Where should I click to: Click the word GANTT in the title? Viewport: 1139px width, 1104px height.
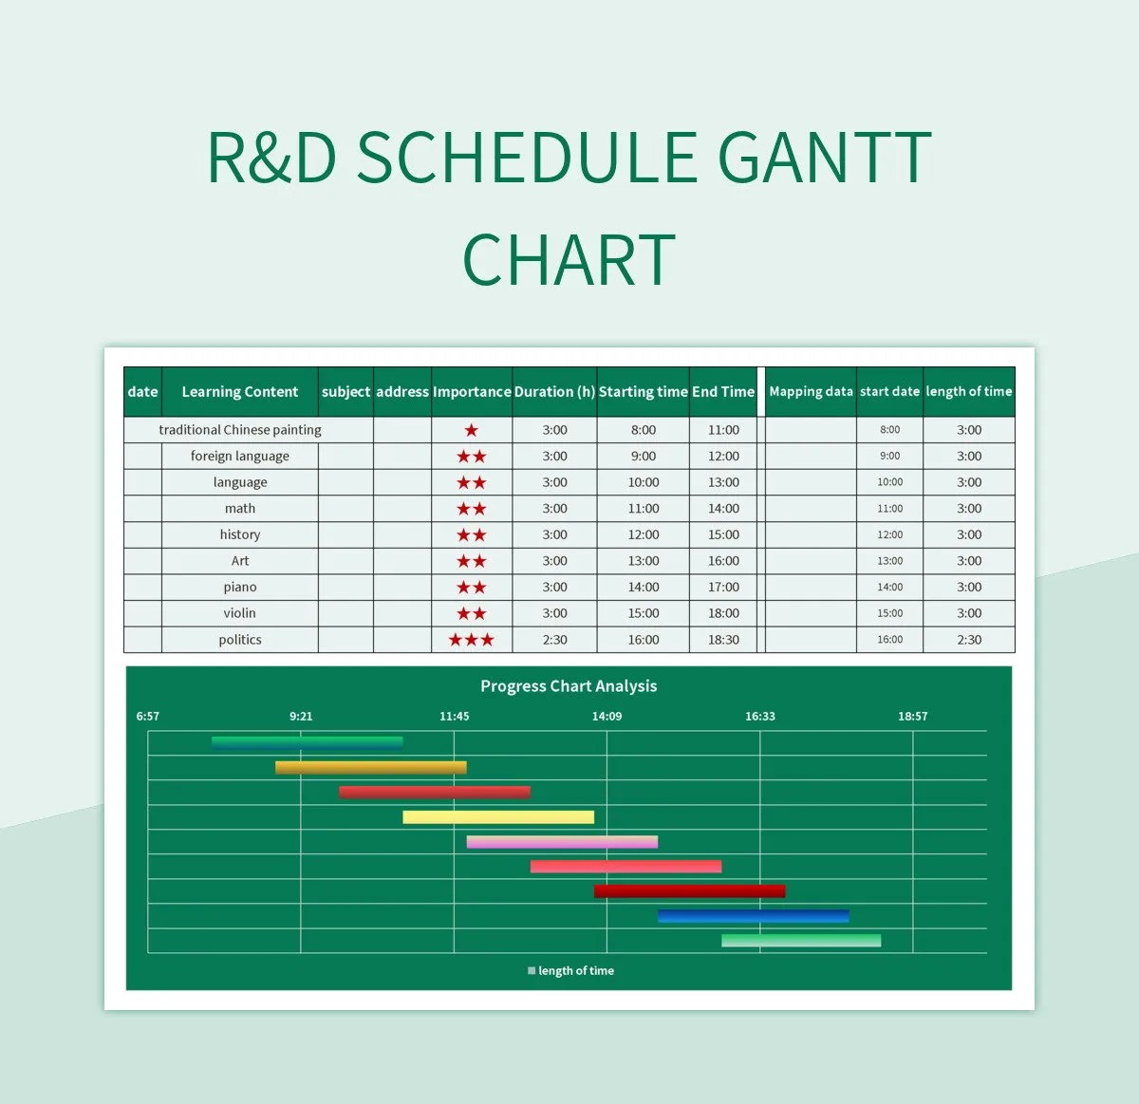pyautogui.click(x=824, y=158)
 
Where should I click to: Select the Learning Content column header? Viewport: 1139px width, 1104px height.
pyautogui.click(x=240, y=392)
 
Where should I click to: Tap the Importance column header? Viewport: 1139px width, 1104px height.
pyautogui.click(x=472, y=392)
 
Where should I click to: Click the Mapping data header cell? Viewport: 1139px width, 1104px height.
pyautogui.click(x=811, y=391)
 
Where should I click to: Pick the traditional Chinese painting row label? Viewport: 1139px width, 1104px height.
pyautogui.click(x=240, y=430)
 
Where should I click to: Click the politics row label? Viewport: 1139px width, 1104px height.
pyautogui.click(x=240, y=639)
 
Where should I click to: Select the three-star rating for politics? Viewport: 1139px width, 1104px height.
pyautogui.click(x=471, y=640)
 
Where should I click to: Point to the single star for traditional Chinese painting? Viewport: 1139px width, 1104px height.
pyautogui.click(x=471, y=430)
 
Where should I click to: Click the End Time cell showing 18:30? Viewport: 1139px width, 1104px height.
pyautogui.click(x=723, y=639)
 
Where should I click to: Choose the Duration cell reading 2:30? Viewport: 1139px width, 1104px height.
pyautogui.click(x=554, y=639)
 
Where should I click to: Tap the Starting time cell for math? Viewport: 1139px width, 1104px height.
pyautogui.click(x=644, y=508)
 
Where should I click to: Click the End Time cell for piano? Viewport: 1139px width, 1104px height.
pyautogui.click(x=723, y=587)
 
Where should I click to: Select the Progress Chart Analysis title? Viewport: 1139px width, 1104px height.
pyautogui.click(x=569, y=685)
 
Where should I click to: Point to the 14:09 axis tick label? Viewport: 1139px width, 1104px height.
pyautogui.click(x=607, y=716)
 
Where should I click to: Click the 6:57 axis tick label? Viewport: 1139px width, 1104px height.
pyautogui.click(x=147, y=716)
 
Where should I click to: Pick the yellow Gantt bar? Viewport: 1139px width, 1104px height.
pyautogui.click(x=498, y=816)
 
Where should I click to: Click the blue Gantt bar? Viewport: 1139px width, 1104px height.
pyautogui.click(x=754, y=915)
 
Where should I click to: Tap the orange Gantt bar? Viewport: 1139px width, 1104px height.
pyautogui.click(x=370, y=767)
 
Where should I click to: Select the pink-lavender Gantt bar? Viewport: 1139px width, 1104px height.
pyautogui.click(x=562, y=842)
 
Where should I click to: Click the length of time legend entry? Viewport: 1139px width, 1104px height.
pyautogui.click(x=570, y=970)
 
